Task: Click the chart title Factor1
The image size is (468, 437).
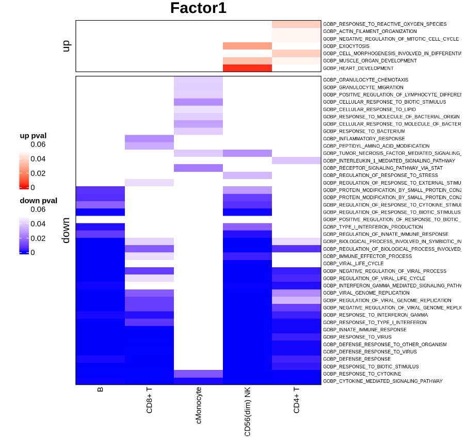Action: pyautogui.click(x=198, y=9)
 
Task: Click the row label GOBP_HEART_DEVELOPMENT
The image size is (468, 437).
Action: pyautogui.click(x=358, y=68)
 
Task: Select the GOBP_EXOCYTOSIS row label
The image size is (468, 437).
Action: pyautogui.click(x=346, y=46)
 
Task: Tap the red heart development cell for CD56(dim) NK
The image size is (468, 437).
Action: pyautogui.click(x=247, y=68)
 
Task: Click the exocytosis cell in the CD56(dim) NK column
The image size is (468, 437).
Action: pyautogui.click(x=247, y=46)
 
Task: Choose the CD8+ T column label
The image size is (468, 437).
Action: pyautogui.click(x=150, y=401)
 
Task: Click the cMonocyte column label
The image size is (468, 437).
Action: pyautogui.click(x=198, y=406)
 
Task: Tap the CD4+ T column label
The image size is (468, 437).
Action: pyautogui.click(x=296, y=400)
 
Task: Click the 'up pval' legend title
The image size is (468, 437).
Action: pyautogui.click(x=33, y=136)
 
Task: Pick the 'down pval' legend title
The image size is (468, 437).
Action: pyautogui.click(x=38, y=201)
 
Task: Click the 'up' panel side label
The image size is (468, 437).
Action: pyautogui.click(x=66, y=46)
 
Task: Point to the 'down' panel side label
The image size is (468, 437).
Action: pyautogui.click(x=66, y=230)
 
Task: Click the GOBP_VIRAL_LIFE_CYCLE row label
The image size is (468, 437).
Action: pyautogui.click(x=353, y=264)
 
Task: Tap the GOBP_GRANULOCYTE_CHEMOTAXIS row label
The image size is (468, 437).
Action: pyautogui.click(x=365, y=80)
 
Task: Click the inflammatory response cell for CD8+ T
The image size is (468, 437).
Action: pyautogui.click(x=150, y=139)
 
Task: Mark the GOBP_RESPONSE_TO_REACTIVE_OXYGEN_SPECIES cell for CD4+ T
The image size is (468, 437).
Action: pyautogui.click(x=296, y=24)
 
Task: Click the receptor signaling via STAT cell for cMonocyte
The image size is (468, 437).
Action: pyautogui.click(x=198, y=168)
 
